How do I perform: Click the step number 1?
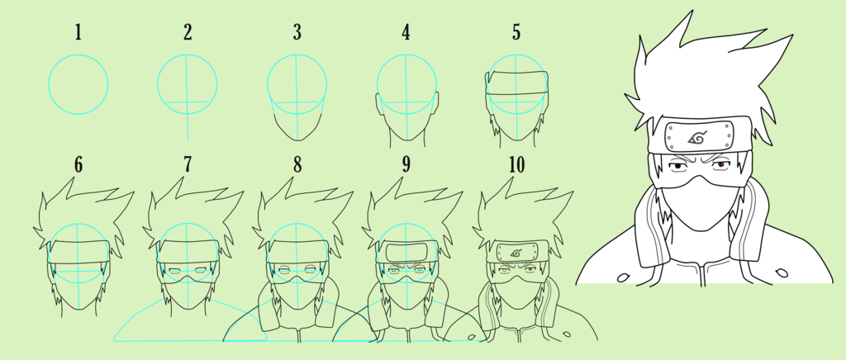point(78,32)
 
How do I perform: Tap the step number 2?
point(188,32)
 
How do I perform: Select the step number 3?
point(297,32)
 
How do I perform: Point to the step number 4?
point(406,32)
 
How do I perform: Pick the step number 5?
point(516,32)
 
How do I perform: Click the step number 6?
point(78,165)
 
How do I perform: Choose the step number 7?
point(188,165)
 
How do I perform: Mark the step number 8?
point(297,165)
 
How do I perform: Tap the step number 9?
point(406,165)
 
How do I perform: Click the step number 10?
point(516,165)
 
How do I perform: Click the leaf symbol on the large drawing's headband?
point(697,139)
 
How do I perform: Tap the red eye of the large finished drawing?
point(720,165)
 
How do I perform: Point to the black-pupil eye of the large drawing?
point(676,167)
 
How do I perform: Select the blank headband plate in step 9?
point(406,252)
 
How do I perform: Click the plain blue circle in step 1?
point(78,54)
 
